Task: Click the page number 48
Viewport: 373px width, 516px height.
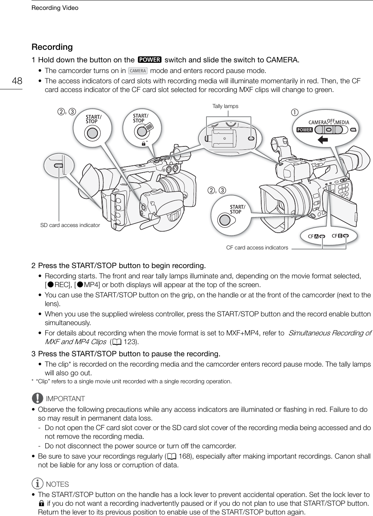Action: coord(17,81)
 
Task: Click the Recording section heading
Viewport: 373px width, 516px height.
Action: coord(52,47)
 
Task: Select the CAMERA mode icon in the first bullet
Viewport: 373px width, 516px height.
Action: coord(138,71)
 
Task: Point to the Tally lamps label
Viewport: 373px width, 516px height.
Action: coord(225,106)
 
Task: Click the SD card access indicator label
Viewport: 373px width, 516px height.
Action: coord(70,225)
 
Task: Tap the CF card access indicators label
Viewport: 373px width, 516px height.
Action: coord(257,248)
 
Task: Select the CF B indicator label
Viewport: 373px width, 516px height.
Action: coord(338,236)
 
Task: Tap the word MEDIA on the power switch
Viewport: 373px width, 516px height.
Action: coord(342,122)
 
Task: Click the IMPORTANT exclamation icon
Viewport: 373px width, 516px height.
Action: coord(38,398)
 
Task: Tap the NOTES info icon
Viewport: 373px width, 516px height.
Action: coord(38,484)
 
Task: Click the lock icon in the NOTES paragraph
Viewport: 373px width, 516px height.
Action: coord(41,504)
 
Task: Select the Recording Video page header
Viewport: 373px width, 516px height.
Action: coord(55,8)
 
